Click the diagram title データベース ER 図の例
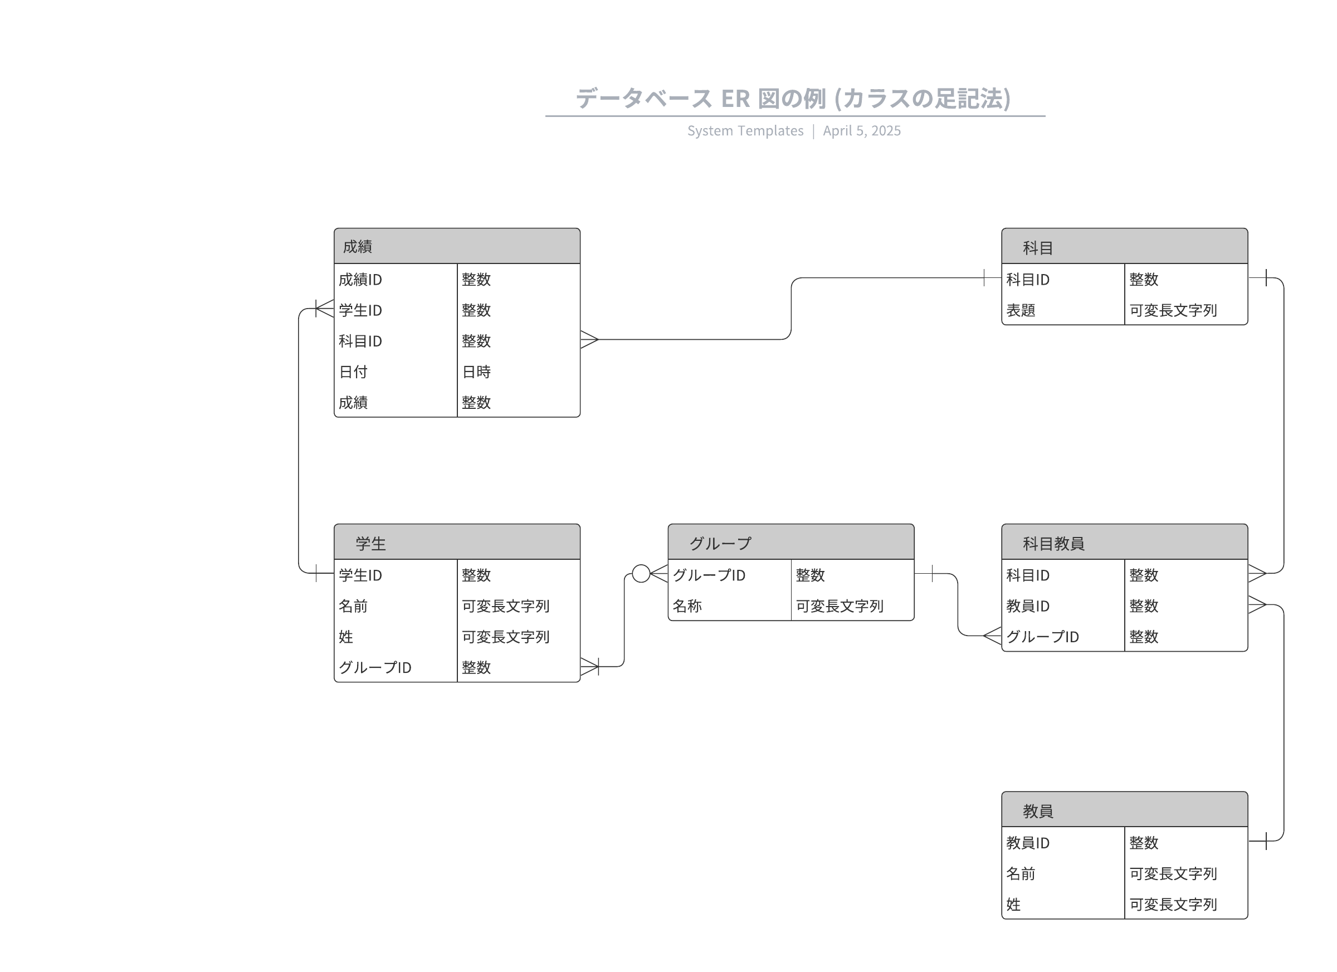(793, 99)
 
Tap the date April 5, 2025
(862, 131)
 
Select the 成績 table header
(457, 246)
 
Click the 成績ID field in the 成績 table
(360, 280)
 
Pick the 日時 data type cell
(476, 372)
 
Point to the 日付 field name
(353, 372)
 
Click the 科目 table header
(1124, 246)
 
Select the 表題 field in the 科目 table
(1021, 310)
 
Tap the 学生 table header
(457, 542)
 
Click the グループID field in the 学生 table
(375, 667)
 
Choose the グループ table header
(791, 542)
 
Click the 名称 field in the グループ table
(687, 606)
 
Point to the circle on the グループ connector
(641, 574)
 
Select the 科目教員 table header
(1124, 542)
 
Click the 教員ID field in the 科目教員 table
(1027, 606)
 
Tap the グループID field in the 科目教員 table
(1042, 637)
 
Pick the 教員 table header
(1124, 809)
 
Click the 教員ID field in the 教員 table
(1027, 843)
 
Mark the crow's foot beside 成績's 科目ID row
(589, 340)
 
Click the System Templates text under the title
(745, 131)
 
